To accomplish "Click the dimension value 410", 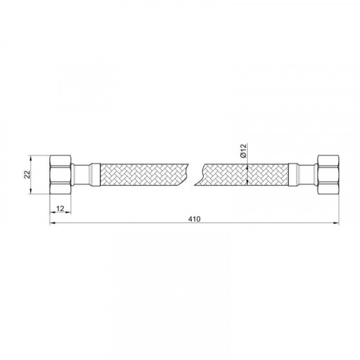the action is pyautogui.click(x=194, y=219).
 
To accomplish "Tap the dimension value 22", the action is pyautogui.click(x=27, y=174).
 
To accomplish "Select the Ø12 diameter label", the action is pyautogui.click(x=243, y=151).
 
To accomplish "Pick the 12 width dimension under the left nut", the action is pyautogui.click(x=60, y=209).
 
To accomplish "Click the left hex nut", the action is pyautogui.click(x=60, y=174).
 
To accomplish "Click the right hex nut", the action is pyautogui.click(x=328, y=174).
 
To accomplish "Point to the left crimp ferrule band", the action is pyautogui.click(x=95, y=174).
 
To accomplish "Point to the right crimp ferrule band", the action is pyautogui.click(x=293, y=174).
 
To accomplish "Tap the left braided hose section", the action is pyautogui.click(x=143, y=174).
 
